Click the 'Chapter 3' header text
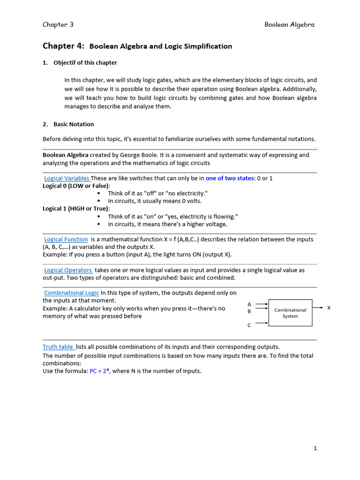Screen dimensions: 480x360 pyautogui.click(x=58, y=25)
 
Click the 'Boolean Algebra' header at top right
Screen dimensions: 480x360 pyautogui.click(x=289, y=25)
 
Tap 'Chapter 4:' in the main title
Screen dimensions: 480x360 pyautogui.click(x=63, y=46)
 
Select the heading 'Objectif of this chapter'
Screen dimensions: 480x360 pyautogui.click(x=85, y=63)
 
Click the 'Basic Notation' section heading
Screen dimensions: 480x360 pyautogui.click(x=74, y=124)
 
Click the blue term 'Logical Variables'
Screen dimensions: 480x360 pyautogui.click(x=67, y=178)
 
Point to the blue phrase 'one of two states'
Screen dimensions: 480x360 pyautogui.click(x=229, y=178)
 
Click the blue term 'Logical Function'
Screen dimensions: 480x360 pyautogui.click(x=66, y=239)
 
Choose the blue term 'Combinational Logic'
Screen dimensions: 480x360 pyautogui.click(x=72, y=293)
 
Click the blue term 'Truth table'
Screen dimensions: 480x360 pyautogui.click(x=58, y=347)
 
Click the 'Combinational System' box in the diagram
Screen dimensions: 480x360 pyautogui.click(x=290, y=313)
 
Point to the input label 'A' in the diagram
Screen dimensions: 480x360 pyautogui.click(x=249, y=304)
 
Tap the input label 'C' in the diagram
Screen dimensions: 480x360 pyautogui.click(x=249, y=324)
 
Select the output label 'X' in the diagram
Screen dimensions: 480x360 pyautogui.click(x=329, y=308)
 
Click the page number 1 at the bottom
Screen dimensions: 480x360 pyautogui.click(x=315, y=448)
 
